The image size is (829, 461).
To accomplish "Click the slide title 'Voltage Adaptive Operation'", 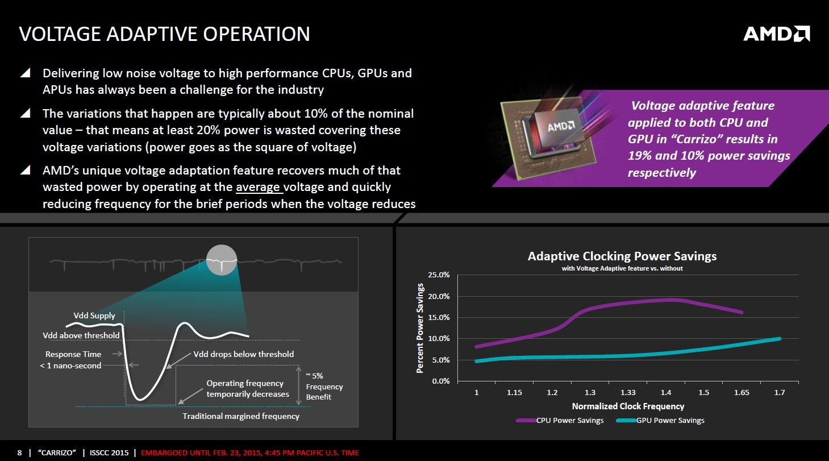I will click(165, 34).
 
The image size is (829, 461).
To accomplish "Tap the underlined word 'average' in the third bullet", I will click(259, 187).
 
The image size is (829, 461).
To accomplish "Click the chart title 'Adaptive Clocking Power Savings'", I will click(622, 256).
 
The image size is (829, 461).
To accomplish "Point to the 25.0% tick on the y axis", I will click(439, 275).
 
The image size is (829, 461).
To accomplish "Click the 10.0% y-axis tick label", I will click(439, 339).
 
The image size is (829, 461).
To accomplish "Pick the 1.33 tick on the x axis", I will click(628, 393).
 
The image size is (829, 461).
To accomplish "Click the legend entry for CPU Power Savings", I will click(560, 421).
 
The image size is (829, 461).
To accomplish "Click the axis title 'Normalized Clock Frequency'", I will click(628, 406).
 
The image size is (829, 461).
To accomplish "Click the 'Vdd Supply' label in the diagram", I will click(94, 315).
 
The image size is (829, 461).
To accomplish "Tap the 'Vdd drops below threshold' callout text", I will click(244, 354).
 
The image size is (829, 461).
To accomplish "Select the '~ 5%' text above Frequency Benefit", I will click(315, 376).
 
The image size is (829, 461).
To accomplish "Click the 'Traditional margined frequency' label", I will click(241, 416).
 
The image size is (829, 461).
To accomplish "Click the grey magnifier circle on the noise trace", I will click(221, 260).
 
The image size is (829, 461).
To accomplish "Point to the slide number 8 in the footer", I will click(19, 453).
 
